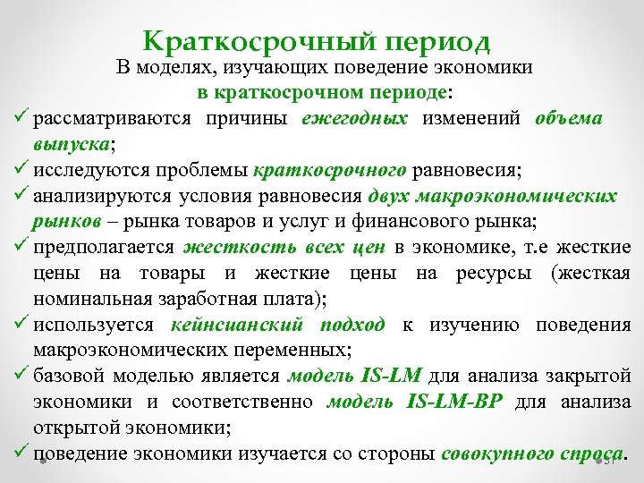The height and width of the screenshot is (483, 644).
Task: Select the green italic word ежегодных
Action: click(355, 119)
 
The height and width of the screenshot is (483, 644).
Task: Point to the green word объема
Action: click(569, 119)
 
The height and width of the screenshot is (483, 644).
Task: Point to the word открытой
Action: click(76, 428)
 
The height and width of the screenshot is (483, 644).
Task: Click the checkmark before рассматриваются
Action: click(21, 119)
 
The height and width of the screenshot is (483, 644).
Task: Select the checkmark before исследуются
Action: click(21, 170)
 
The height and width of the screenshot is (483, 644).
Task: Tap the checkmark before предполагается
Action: click(21, 247)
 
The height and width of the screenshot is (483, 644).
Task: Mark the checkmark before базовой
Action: click(21, 376)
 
